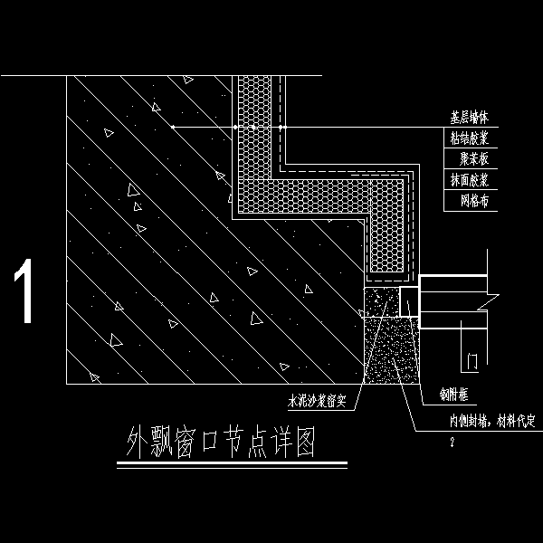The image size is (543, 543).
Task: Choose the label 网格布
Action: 473,201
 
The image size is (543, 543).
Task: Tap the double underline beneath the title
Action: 232,465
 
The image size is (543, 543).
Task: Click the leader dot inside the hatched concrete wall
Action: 171,128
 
